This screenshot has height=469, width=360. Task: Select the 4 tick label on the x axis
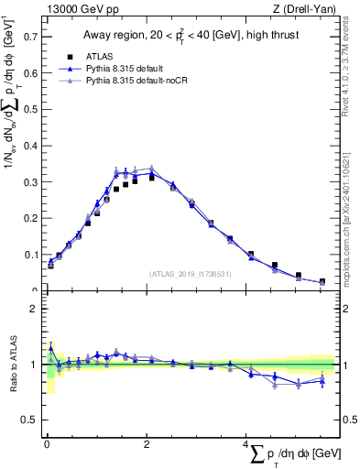245,444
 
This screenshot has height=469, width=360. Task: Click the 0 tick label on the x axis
46,444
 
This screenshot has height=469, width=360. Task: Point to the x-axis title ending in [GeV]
293,455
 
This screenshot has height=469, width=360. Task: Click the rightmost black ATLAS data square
322,281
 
